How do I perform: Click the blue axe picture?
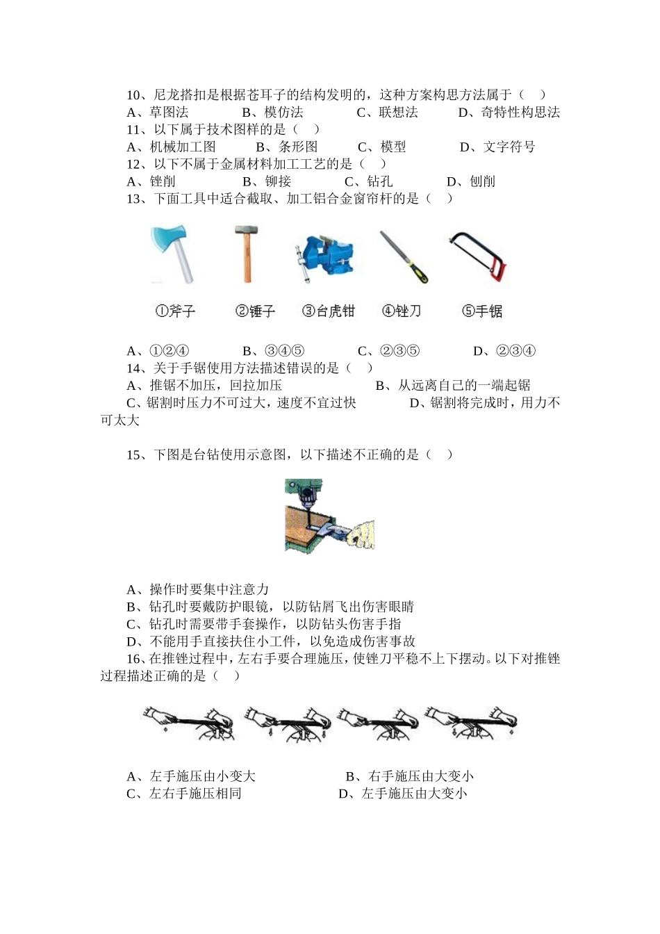point(172,254)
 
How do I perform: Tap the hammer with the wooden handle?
point(246,254)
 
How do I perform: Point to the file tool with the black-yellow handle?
point(404,257)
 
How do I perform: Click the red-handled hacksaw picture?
point(479,257)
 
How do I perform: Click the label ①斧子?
point(175,311)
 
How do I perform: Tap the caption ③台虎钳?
point(328,311)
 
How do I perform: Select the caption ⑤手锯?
point(482,311)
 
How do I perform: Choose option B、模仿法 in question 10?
point(272,113)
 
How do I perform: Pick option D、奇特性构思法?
point(509,113)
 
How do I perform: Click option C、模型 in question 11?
point(381,147)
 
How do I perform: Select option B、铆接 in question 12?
point(267,181)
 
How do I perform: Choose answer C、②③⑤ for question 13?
point(388,351)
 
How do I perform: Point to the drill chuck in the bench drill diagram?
point(304,498)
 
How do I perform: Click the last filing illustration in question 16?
point(472,723)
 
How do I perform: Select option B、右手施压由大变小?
point(409,776)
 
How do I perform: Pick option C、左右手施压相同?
point(184,794)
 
